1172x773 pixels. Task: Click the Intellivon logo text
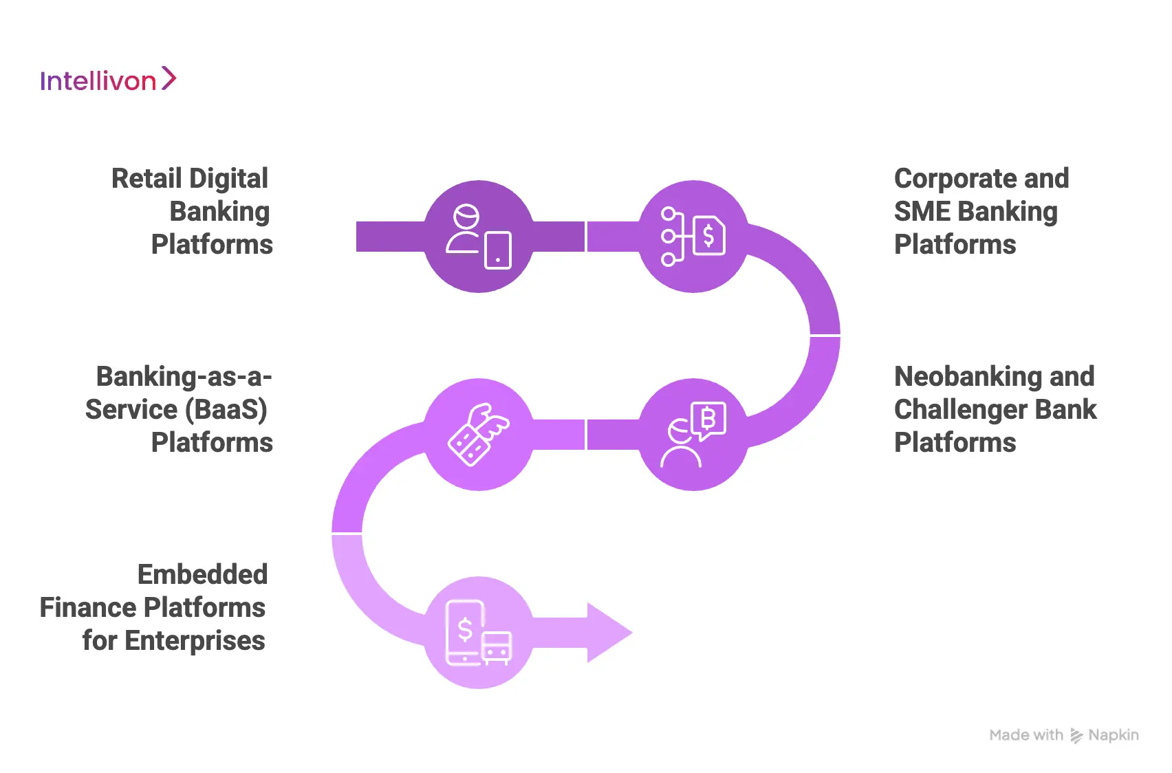(98, 81)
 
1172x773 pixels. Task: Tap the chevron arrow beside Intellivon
(169, 78)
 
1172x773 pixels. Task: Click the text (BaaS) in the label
(225, 410)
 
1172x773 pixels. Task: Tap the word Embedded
(202, 575)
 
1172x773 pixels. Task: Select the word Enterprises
(195, 641)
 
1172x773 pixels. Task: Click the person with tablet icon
(479, 237)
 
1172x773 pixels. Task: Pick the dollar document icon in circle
(693, 237)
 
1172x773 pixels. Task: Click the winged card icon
(479, 435)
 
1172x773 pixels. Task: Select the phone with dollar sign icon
(477, 633)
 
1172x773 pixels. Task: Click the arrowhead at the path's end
(608, 633)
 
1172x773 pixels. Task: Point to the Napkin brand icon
(1076, 736)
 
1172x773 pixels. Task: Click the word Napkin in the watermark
(1113, 735)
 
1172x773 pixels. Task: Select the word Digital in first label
(229, 179)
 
